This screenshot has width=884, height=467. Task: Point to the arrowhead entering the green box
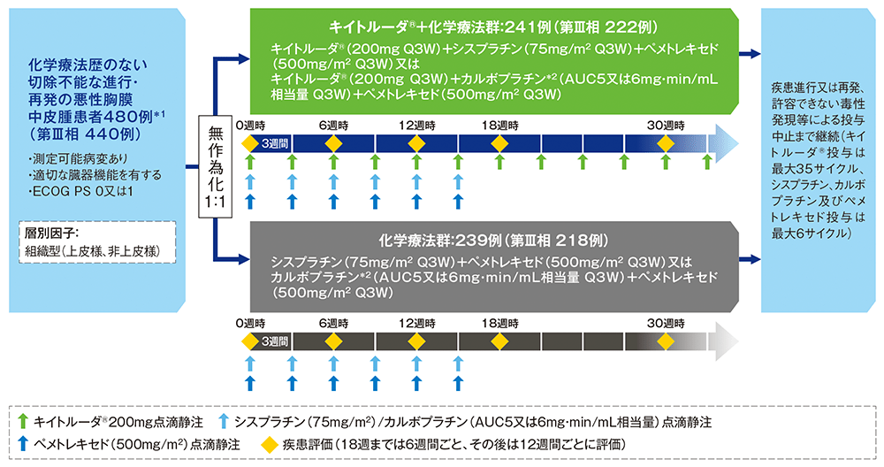tap(244, 60)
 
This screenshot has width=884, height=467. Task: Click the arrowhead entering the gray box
tap(244, 259)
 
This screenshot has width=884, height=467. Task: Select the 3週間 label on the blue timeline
tap(272, 143)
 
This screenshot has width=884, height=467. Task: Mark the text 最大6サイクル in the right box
tap(811, 233)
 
